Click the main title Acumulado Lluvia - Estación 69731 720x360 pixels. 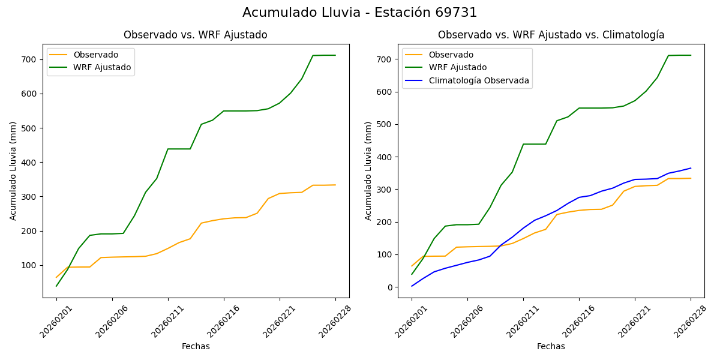pyautogui.click(x=360, y=13)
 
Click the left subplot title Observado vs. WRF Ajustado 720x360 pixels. pyautogui.click(x=195, y=35)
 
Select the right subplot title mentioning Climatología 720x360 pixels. pyautogui.click(x=551, y=35)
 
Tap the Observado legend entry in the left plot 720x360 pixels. pyautogui.click(x=95, y=55)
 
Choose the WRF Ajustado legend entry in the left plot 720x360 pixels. pyautogui.click(x=102, y=67)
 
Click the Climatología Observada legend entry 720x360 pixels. pyautogui.click(x=479, y=80)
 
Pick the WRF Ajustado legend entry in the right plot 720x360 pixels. pyautogui.click(x=457, y=67)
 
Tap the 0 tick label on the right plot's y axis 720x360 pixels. pyautogui.click(x=390, y=287)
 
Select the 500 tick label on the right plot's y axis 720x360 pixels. pyautogui.click(x=385, y=125)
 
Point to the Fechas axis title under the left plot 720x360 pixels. pyautogui.click(x=196, y=346)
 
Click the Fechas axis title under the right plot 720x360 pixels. pyautogui.click(x=551, y=346)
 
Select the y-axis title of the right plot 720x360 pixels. pyautogui.click(x=368, y=170)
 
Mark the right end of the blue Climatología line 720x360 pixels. pyautogui.click(x=691, y=168)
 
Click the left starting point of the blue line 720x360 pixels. pyautogui.click(x=412, y=286)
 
